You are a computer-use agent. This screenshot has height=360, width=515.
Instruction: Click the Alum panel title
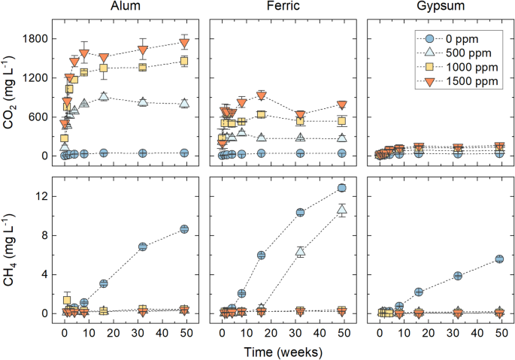(x=127, y=8)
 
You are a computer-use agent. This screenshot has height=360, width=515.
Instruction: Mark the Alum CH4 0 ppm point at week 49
(x=184, y=229)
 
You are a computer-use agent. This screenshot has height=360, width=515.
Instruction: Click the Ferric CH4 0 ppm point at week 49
(x=341, y=188)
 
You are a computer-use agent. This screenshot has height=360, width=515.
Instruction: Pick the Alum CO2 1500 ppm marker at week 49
(x=184, y=42)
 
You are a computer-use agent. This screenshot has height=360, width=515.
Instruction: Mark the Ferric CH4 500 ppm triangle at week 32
(x=300, y=252)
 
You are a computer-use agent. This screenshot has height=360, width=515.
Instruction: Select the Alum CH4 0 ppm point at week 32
(x=143, y=247)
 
